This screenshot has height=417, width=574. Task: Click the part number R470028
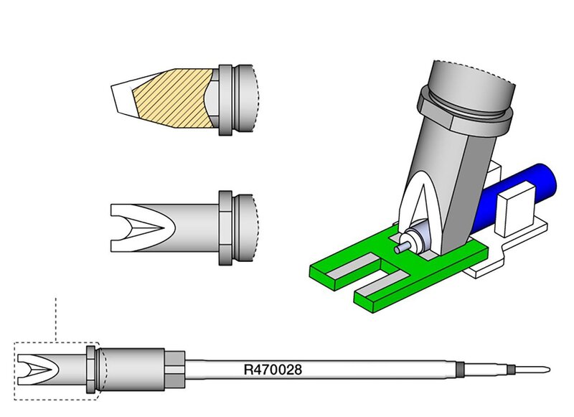pyautogui.click(x=272, y=370)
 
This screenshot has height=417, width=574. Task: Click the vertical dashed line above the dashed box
pyautogui.click(x=56, y=316)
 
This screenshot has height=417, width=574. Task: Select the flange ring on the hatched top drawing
pyautogui.click(x=227, y=100)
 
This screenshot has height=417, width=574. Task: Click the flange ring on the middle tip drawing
pyautogui.click(x=226, y=228)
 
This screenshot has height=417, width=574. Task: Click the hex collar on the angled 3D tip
pyautogui.click(x=467, y=106)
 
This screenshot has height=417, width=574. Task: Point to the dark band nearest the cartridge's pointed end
pyautogui.click(x=510, y=370)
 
